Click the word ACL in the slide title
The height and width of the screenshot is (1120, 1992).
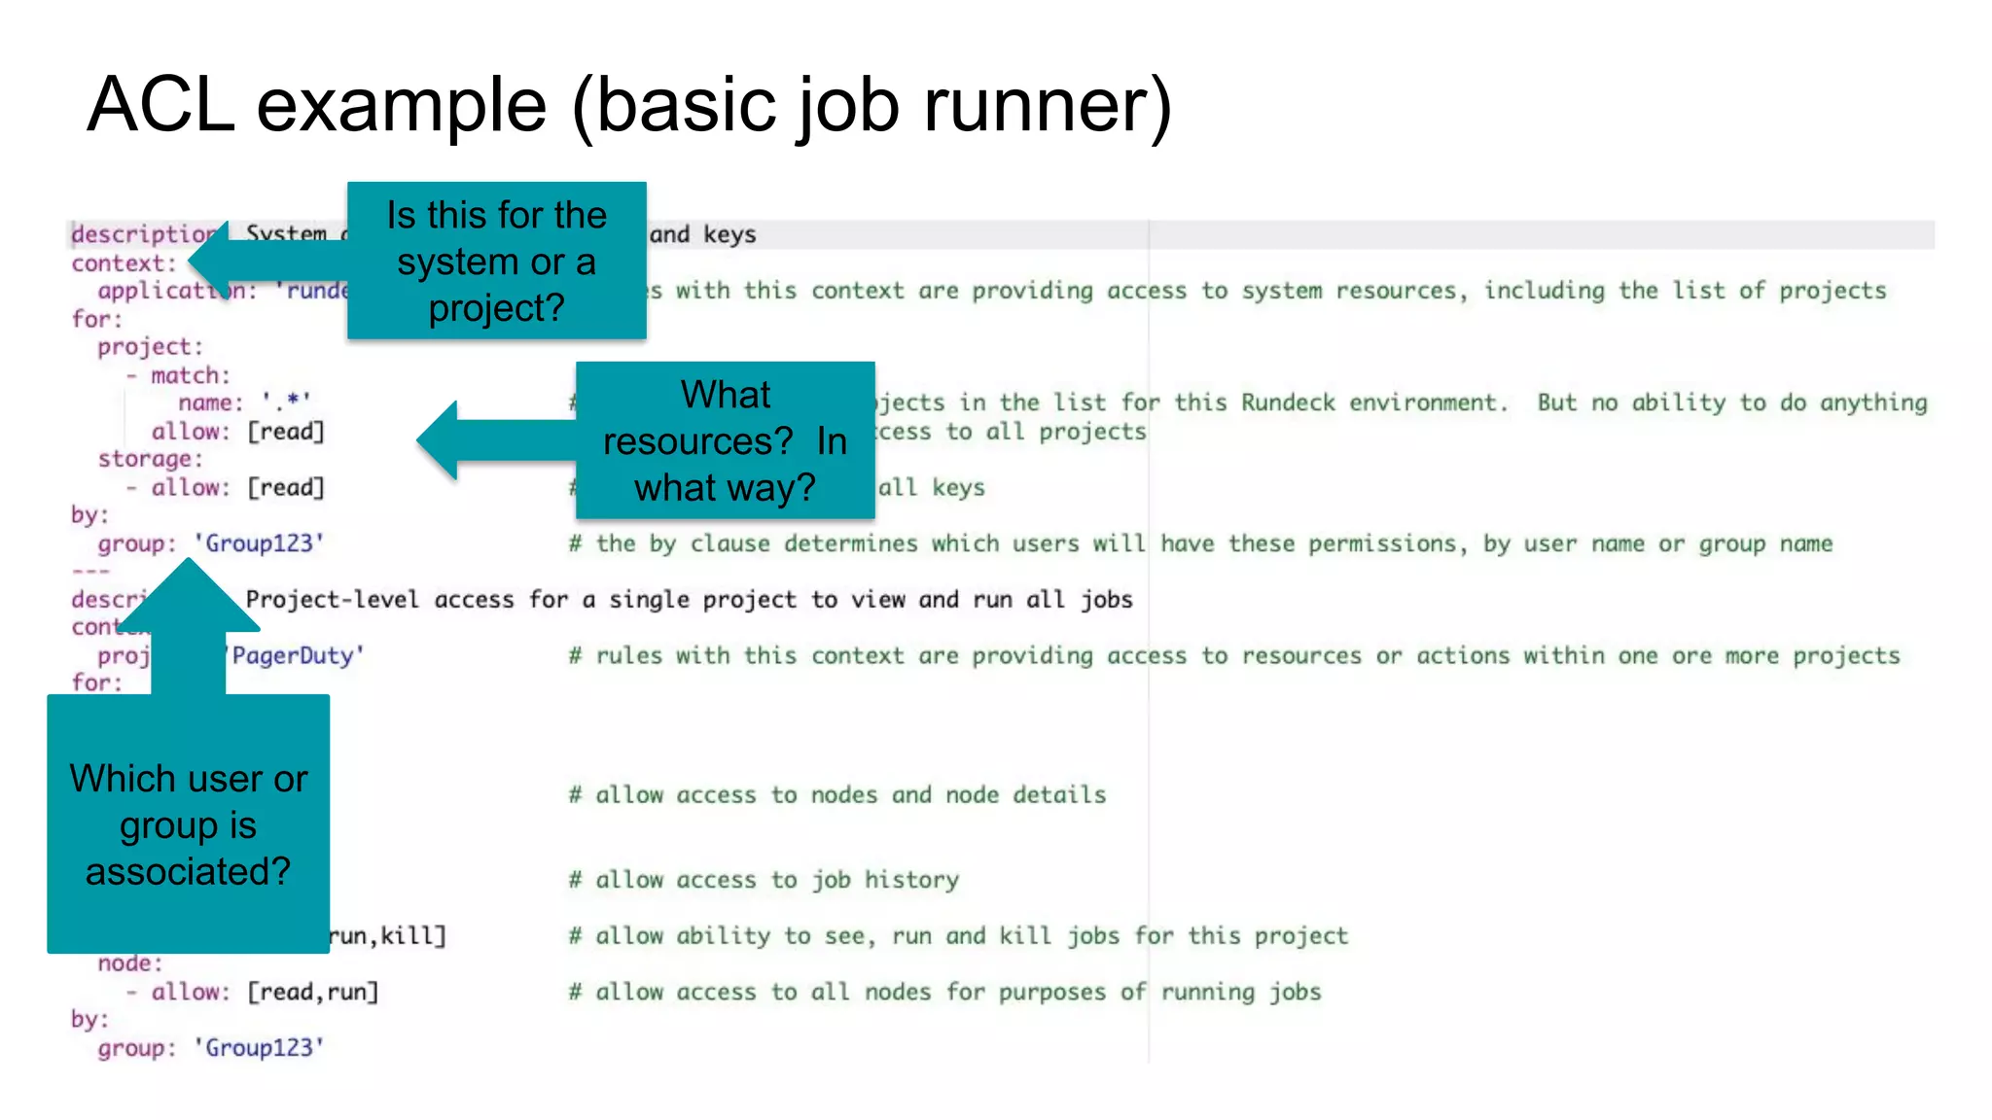160,105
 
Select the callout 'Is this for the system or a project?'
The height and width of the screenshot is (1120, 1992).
496,261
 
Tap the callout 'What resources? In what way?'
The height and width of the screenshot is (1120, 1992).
725,440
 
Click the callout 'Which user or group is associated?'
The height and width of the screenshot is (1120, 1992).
188,823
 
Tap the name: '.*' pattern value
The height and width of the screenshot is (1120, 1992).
286,402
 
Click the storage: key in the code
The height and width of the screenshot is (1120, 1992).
150,458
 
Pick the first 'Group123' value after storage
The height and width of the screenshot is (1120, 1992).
259,542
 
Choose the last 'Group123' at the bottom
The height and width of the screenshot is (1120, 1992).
259,1047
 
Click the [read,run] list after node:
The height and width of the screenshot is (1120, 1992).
312,992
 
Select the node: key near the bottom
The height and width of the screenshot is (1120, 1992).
129,962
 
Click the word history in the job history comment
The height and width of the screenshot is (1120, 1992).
911,880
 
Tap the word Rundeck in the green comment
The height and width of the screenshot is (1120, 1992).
1287,402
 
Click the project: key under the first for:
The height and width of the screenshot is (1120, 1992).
150,346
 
